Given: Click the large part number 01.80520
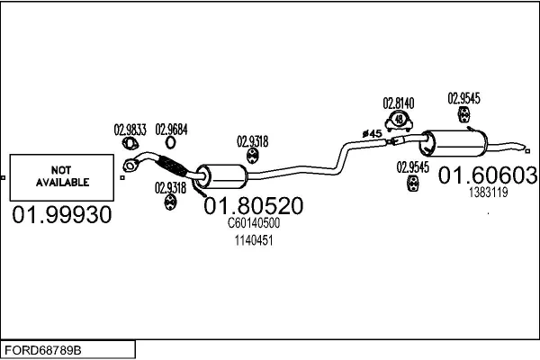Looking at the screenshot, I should point(254,205).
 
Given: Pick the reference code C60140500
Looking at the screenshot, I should point(254,223).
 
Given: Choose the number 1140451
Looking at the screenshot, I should point(254,240).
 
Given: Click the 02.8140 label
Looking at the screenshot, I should point(399,103).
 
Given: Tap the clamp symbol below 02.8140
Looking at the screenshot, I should point(399,121).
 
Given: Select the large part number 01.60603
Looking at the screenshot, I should point(487,175).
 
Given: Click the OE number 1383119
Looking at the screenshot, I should point(487,193).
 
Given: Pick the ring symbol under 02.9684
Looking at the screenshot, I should point(171,143).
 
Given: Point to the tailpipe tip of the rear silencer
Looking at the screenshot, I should point(520,145).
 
